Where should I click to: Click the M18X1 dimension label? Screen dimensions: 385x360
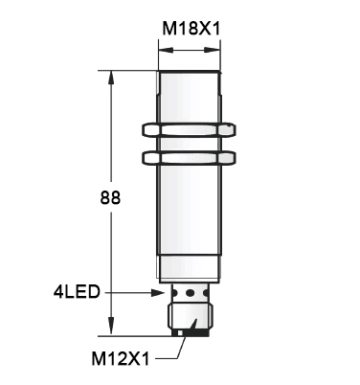pos(191,29)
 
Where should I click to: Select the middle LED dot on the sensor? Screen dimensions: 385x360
pos(190,291)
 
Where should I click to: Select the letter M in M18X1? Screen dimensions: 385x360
pos(167,29)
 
